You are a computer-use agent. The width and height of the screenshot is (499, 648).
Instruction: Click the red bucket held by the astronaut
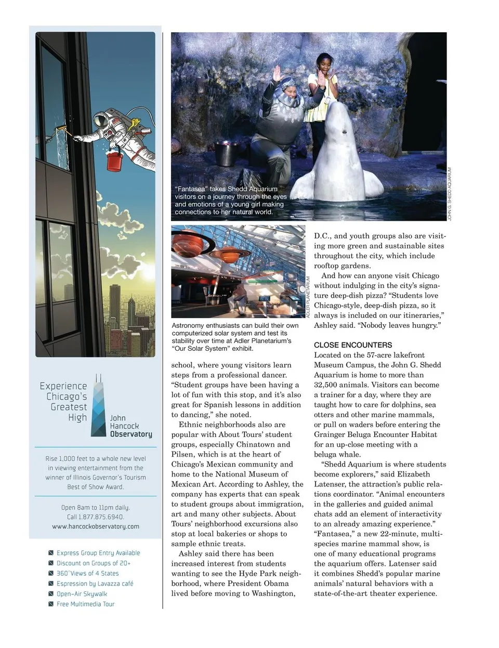114,161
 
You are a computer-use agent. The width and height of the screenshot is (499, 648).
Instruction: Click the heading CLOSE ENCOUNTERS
353,345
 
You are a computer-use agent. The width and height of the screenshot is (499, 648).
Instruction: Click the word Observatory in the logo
131,434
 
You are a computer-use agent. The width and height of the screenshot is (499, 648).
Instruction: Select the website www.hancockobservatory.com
96,526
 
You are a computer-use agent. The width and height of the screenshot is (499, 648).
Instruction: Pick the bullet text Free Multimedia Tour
85,604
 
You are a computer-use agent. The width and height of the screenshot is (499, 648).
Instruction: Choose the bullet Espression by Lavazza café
95,584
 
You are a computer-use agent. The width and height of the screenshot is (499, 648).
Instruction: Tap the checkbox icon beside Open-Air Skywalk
51,594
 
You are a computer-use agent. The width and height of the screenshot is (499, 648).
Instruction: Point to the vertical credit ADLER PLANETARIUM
308,297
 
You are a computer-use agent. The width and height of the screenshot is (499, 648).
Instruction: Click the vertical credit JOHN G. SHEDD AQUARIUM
450,194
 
